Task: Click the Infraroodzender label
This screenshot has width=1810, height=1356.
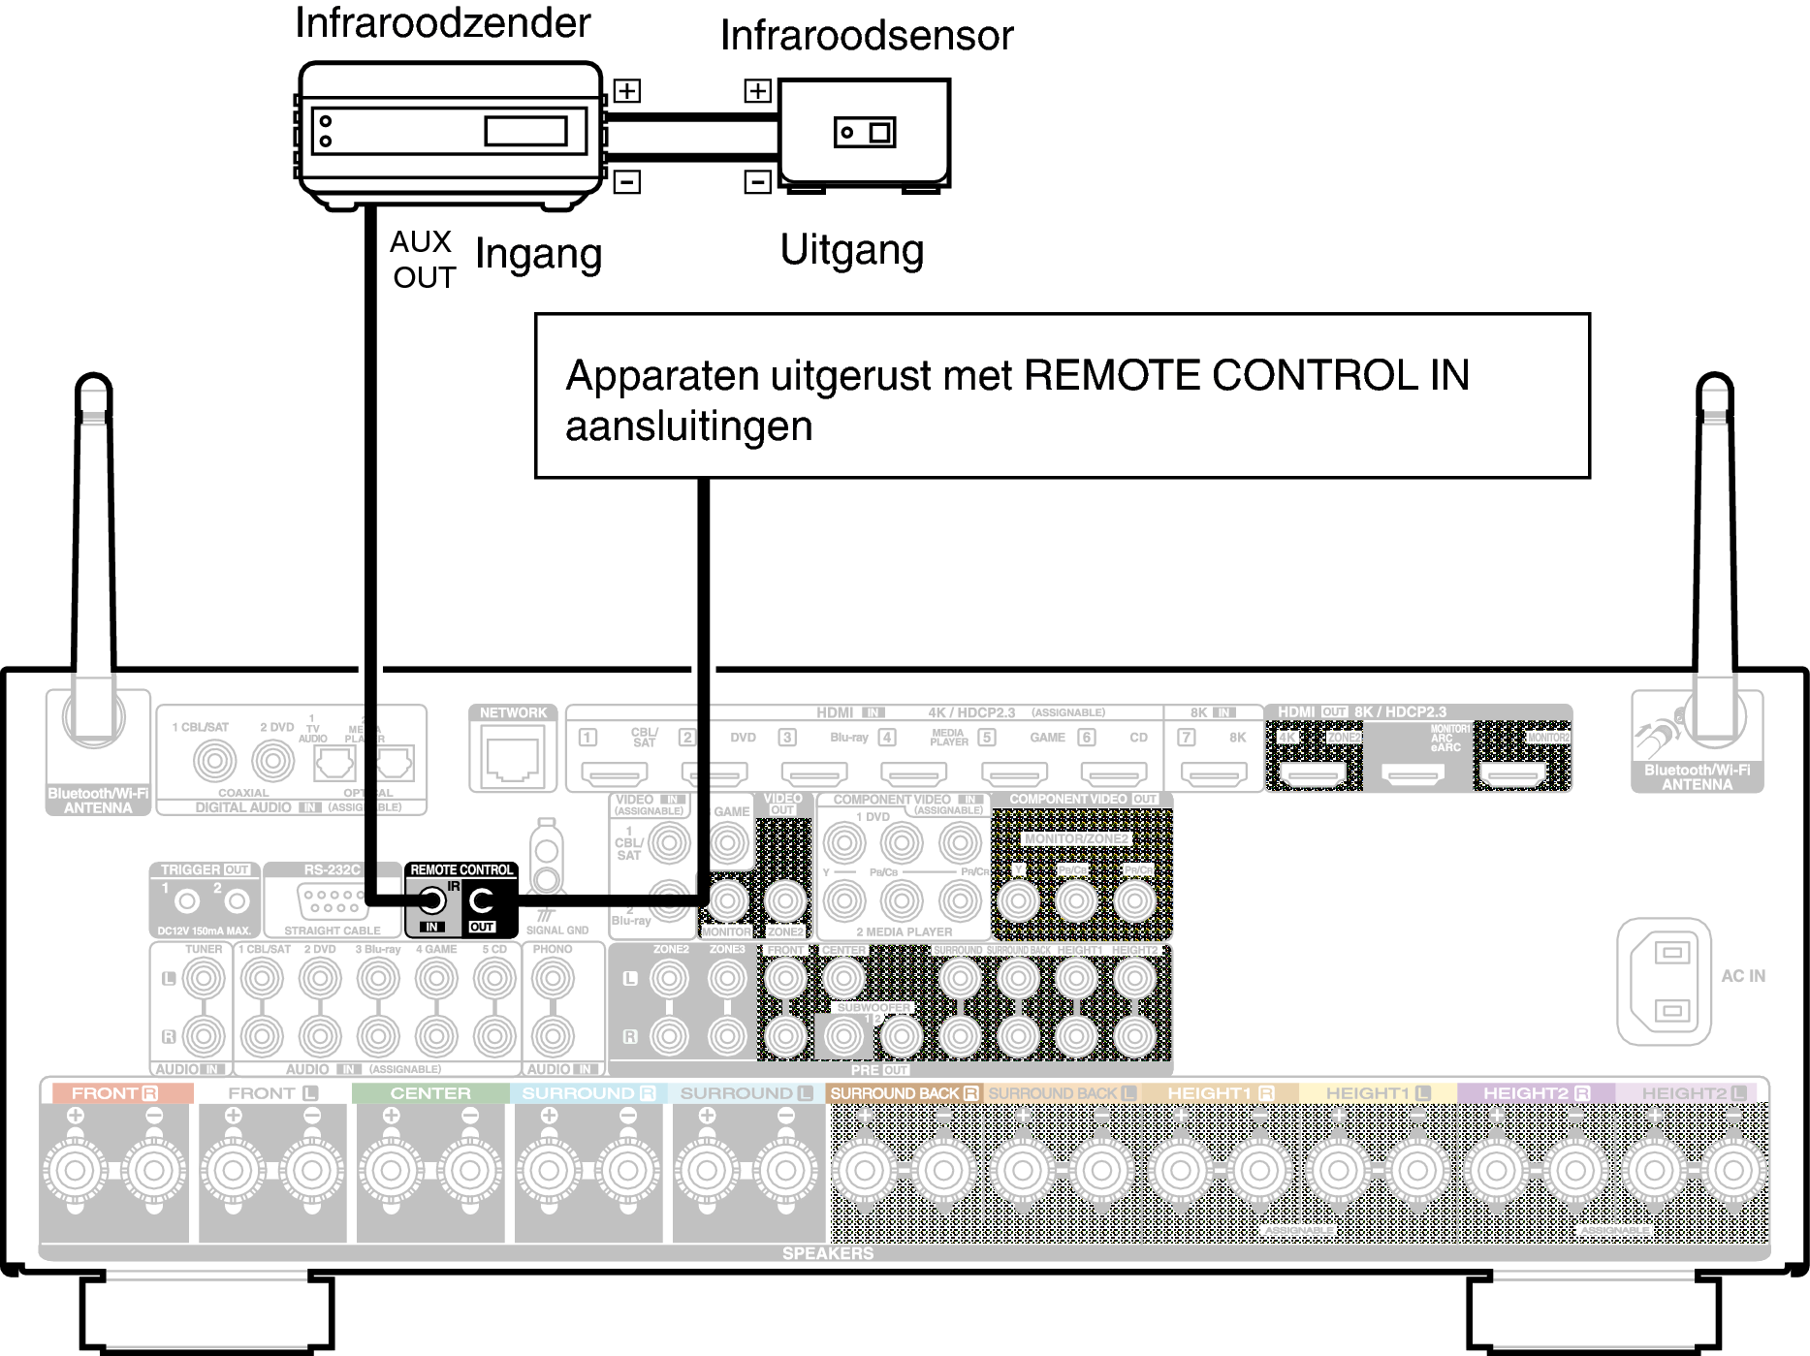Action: tap(442, 23)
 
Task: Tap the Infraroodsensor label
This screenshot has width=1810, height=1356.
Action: tap(866, 36)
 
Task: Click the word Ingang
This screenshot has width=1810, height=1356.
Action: tap(538, 255)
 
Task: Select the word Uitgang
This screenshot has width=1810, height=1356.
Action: tap(851, 250)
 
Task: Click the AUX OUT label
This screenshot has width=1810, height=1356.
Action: tap(423, 260)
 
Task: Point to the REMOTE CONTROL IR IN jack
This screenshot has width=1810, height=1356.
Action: tap(431, 901)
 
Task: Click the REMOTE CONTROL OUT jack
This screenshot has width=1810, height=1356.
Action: tap(482, 901)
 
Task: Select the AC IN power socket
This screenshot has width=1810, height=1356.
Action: tap(1664, 982)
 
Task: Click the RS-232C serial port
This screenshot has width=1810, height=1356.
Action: tap(333, 902)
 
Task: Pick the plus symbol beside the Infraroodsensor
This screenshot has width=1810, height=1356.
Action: tap(757, 91)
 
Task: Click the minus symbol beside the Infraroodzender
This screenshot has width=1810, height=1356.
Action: tap(627, 181)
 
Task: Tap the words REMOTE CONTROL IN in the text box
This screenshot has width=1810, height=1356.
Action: tap(1246, 376)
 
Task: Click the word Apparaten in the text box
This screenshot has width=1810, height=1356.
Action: tap(662, 376)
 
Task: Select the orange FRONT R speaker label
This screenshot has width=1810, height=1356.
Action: tap(114, 1093)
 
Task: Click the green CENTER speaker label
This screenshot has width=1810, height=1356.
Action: tap(430, 1093)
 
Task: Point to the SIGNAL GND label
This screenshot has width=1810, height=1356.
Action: tap(557, 930)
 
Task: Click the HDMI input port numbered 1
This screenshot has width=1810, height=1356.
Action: tap(614, 773)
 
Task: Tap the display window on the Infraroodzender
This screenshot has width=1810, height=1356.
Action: tap(525, 131)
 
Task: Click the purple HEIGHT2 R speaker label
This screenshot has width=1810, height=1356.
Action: tap(1536, 1093)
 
